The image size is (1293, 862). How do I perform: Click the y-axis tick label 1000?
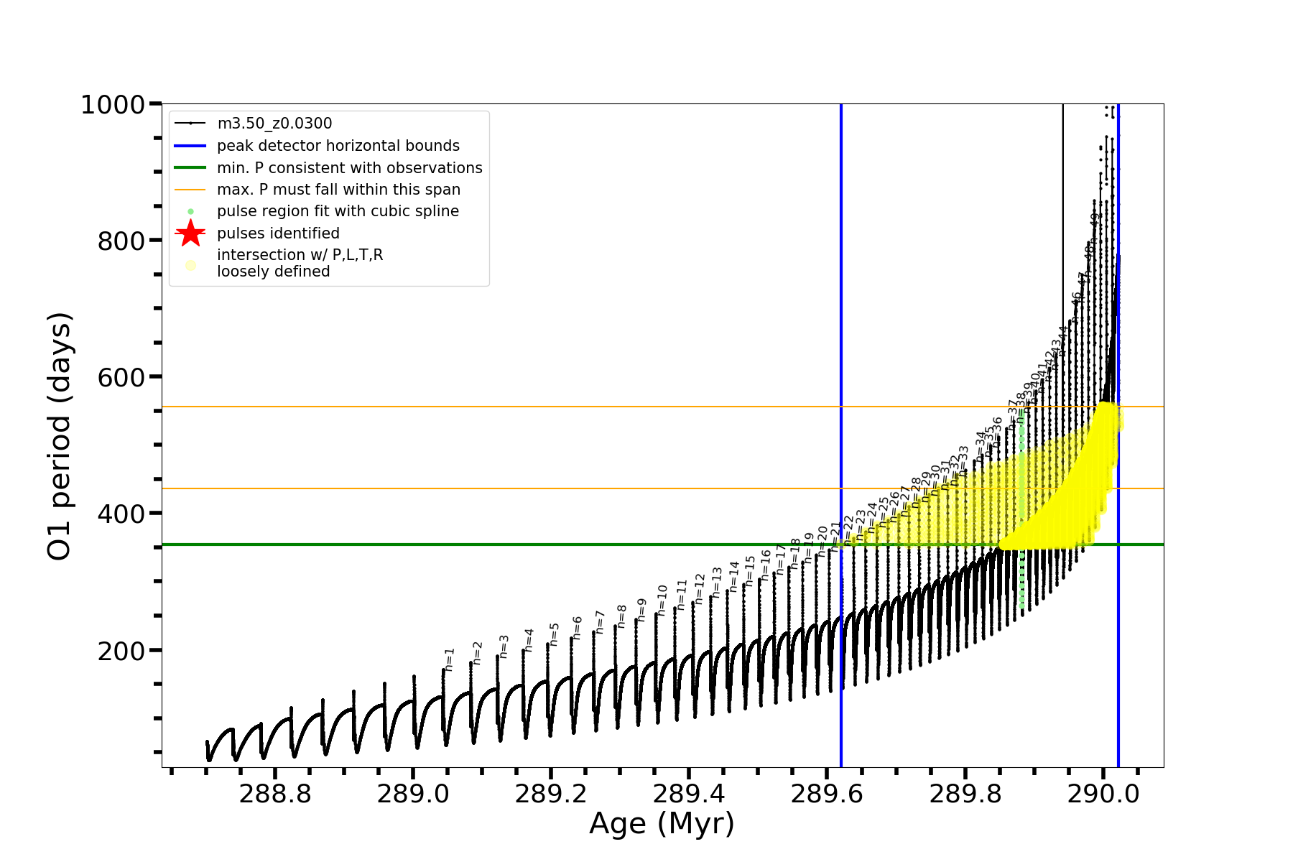[x=113, y=106]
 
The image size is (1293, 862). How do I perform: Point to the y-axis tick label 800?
[x=121, y=241]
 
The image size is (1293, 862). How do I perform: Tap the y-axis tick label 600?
[x=121, y=378]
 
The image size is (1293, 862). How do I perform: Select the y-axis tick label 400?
[x=121, y=514]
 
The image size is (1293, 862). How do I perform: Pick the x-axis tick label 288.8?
[x=274, y=794]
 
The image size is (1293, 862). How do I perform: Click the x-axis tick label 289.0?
[x=412, y=794]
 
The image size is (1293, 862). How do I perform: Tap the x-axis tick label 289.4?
[x=689, y=794]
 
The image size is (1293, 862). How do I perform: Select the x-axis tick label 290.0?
[x=1103, y=794]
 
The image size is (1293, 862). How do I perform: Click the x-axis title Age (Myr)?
[x=662, y=825]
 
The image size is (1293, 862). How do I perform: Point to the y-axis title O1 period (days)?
[x=59, y=436]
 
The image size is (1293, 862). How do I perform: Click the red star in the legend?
[x=190, y=233]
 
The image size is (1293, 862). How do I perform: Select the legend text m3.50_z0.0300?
[x=274, y=124]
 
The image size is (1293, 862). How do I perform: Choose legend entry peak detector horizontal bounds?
[x=338, y=146]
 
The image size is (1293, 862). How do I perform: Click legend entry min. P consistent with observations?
[x=349, y=168]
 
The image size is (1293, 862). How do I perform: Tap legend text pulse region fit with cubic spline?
[x=338, y=211]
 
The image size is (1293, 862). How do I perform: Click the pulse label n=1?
[x=450, y=659]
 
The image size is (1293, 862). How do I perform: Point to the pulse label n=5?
[x=554, y=634]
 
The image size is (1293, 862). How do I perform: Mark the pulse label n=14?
[x=733, y=576]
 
